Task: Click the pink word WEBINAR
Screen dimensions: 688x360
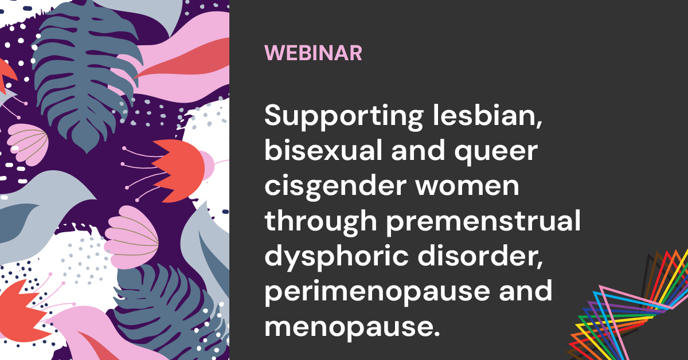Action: tap(313, 53)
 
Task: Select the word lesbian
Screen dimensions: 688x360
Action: tap(487, 115)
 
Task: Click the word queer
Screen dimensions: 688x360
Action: tap(496, 153)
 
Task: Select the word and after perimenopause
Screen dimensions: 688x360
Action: tap(526, 290)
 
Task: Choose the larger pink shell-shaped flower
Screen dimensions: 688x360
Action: tap(131, 237)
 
